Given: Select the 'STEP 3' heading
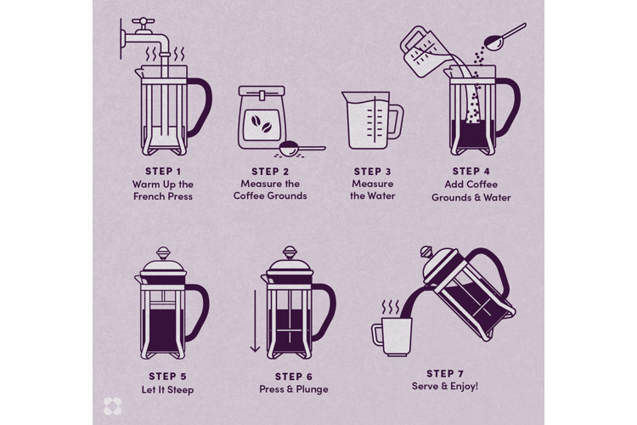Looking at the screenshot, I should (x=372, y=170).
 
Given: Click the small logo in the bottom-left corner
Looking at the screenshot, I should (x=108, y=407).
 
